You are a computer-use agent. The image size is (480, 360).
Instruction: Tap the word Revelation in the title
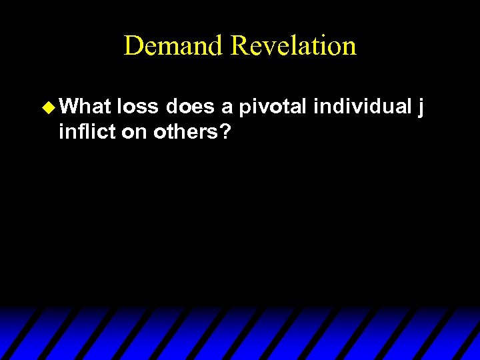coord(294,46)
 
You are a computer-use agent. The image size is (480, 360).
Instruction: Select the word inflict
coord(87,132)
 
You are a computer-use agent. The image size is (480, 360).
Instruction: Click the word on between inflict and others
coord(135,133)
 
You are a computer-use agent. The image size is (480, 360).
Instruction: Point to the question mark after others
coord(226,132)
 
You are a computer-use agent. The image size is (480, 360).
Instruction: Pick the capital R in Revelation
coord(239,46)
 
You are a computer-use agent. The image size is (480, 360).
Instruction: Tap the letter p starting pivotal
coord(245,108)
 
